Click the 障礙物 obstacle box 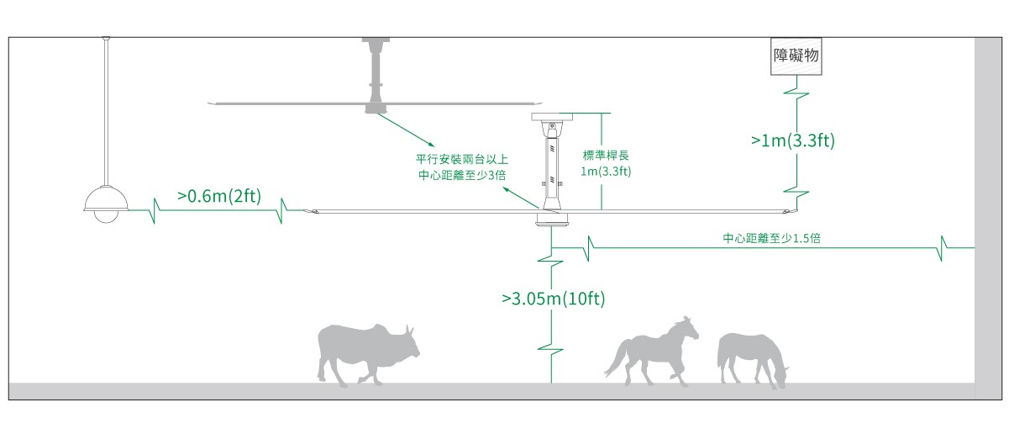[x=795, y=56]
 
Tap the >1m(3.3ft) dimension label [x=792, y=140]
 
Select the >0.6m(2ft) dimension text [x=219, y=196]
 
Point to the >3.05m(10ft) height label [x=553, y=298]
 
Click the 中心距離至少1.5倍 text [x=771, y=239]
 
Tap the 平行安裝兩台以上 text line [x=460, y=159]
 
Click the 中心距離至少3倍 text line [x=461, y=175]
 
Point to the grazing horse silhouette [x=750, y=357]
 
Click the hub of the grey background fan [x=376, y=107]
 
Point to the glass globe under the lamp [x=106, y=216]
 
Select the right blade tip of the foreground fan [x=787, y=209]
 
